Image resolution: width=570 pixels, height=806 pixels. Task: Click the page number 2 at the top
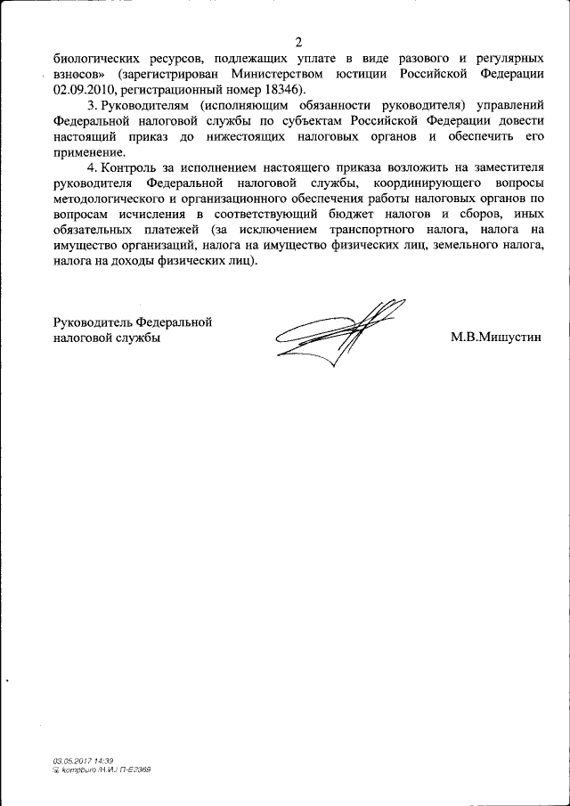(299, 42)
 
